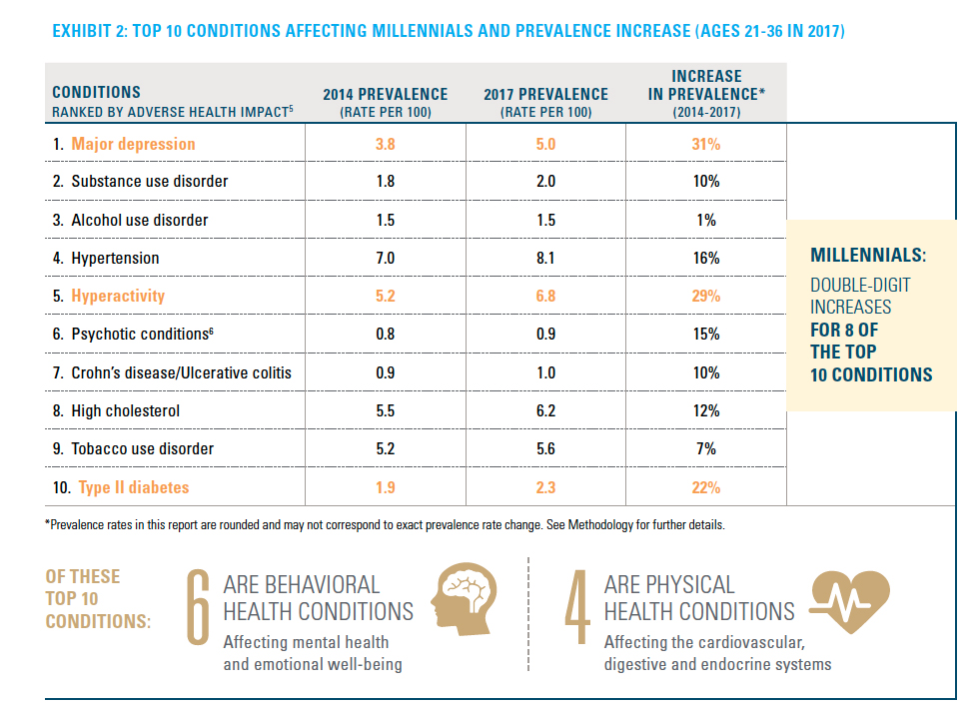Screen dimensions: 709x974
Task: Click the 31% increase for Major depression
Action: point(707,144)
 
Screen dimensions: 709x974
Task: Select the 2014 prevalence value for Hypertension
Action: point(385,259)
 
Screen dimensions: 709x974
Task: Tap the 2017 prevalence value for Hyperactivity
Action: point(545,297)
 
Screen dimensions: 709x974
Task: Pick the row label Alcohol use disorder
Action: point(139,220)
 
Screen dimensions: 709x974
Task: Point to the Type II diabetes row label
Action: point(130,487)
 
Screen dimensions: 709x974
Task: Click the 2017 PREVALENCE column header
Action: point(545,102)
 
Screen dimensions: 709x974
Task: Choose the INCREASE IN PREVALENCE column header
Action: point(706,94)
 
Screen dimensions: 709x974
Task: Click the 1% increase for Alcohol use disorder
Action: point(707,220)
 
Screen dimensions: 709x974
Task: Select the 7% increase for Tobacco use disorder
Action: point(707,449)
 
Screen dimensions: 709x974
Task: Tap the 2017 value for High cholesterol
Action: point(545,411)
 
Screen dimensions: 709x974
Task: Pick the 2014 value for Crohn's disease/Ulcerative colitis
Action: point(385,373)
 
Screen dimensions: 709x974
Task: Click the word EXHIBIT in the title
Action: point(82,33)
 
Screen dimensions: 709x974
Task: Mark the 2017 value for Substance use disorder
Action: point(545,182)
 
